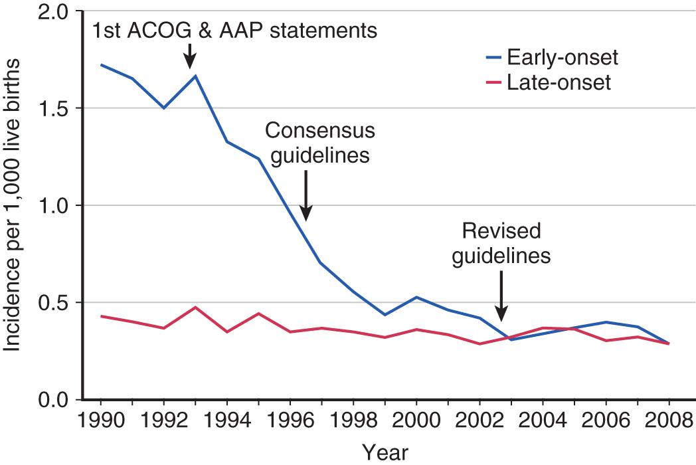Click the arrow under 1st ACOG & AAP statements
point(190,56)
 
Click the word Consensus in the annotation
point(320,131)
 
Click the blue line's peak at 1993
point(195,76)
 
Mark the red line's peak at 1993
point(195,308)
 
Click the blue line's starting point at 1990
point(101,64)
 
